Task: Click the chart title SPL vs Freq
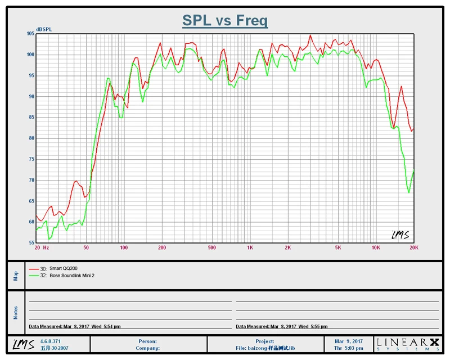pyautogui.click(x=225, y=21)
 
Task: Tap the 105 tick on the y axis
pyautogui.click(x=30, y=34)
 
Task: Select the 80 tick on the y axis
pyautogui.click(x=31, y=138)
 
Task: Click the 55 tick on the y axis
pyautogui.click(x=31, y=243)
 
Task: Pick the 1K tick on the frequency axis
pyautogui.click(x=250, y=247)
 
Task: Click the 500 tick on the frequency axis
pyautogui.click(x=211, y=247)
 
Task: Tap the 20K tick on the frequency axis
pyautogui.click(x=413, y=247)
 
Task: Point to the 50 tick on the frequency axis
pyautogui.click(x=85, y=247)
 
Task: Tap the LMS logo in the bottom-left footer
pyautogui.click(x=22, y=344)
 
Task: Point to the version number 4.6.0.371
pyautogui.click(x=51, y=341)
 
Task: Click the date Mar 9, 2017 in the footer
pyautogui.click(x=349, y=341)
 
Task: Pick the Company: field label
pyautogui.click(x=148, y=348)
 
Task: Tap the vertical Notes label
pyautogui.click(x=16, y=313)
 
